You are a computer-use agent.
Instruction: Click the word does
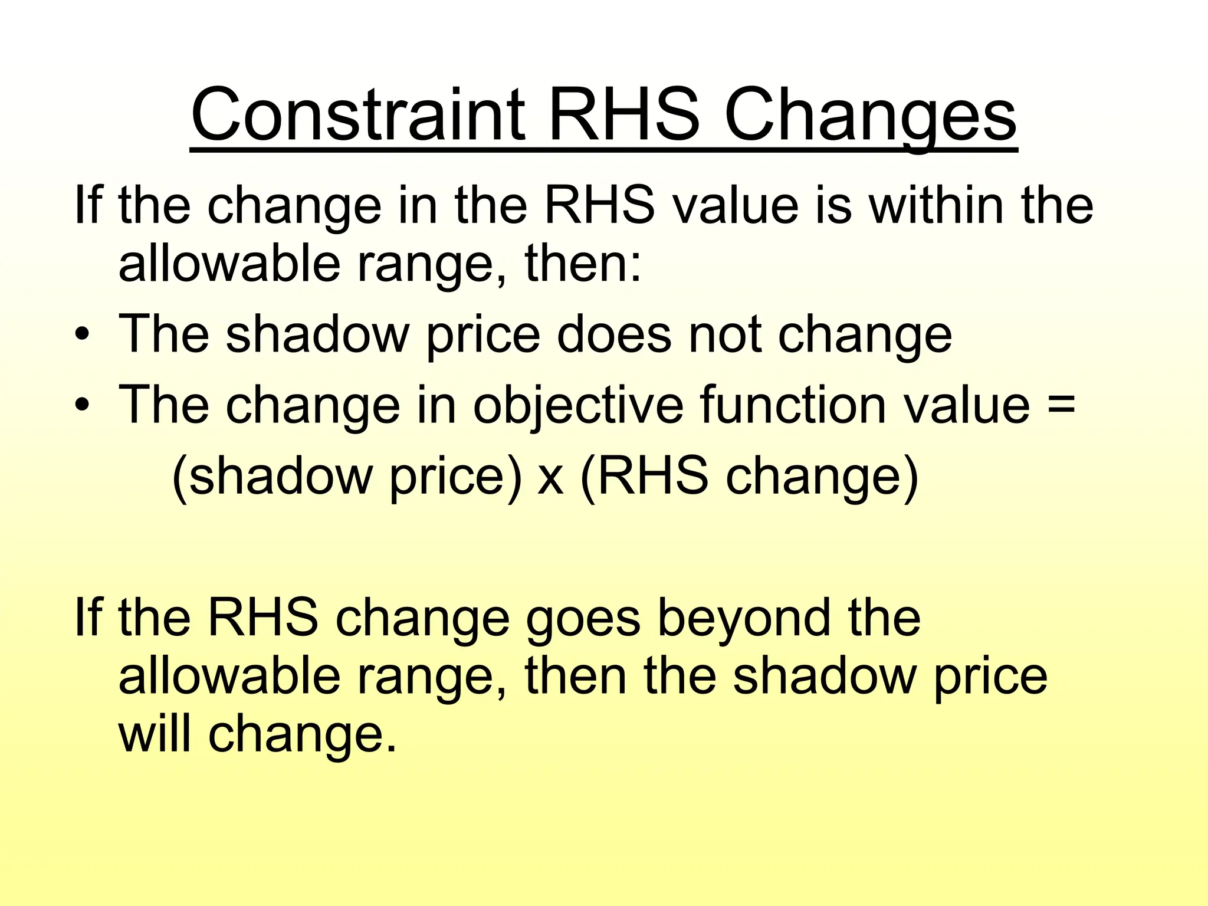(x=613, y=334)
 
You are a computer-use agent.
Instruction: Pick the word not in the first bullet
(x=725, y=334)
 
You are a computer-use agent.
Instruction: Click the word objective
(x=577, y=406)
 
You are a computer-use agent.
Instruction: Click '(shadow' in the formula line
(x=271, y=477)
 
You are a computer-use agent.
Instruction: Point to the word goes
(x=583, y=619)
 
